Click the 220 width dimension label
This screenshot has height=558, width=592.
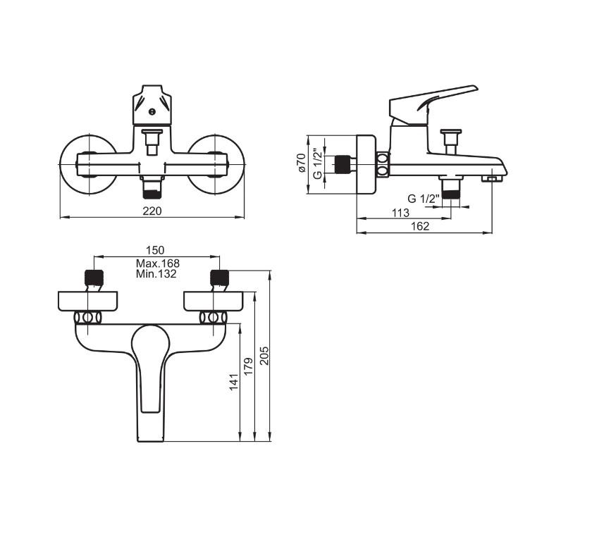(x=152, y=211)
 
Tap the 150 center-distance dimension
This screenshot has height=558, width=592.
(x=155, y=250)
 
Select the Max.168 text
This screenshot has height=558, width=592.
(x=158, y=263)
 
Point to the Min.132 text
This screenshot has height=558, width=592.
(x=156, y=273)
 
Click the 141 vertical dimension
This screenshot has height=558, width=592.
(x=234, y=382)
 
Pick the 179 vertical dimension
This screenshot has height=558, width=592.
(x=248, y=366)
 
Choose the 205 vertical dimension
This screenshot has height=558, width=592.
(x=264, y=355)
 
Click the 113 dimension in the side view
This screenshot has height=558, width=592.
(x=400, y=213)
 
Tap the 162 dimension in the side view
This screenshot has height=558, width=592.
(x=420, y=226)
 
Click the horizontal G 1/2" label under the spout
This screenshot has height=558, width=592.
(x=424, y=199)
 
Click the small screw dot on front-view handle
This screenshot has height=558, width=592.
(x=152, y=111)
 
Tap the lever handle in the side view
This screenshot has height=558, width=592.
(x=433, y=103)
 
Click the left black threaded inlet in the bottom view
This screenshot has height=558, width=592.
(x=94, y=278)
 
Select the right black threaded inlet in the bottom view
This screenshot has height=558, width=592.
(x=219, y=278)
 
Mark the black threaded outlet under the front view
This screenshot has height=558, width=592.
(x=152, y=194)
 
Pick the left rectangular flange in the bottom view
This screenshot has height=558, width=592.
(x=88, y=302)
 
